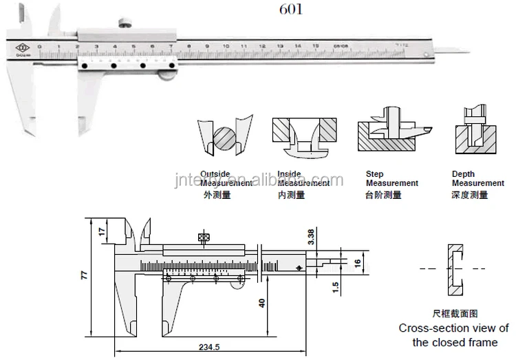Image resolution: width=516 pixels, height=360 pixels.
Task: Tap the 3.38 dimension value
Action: pos(311,237)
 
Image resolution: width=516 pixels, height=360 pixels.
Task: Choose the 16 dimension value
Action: pos(358,263)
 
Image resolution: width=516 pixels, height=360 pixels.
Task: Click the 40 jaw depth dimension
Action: pos(262,303)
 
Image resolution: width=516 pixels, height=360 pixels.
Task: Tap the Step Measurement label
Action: pos(391,179)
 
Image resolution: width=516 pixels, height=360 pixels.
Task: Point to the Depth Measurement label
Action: pos(477,179)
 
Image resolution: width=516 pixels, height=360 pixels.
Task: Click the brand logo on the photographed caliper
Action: pos(19,49)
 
